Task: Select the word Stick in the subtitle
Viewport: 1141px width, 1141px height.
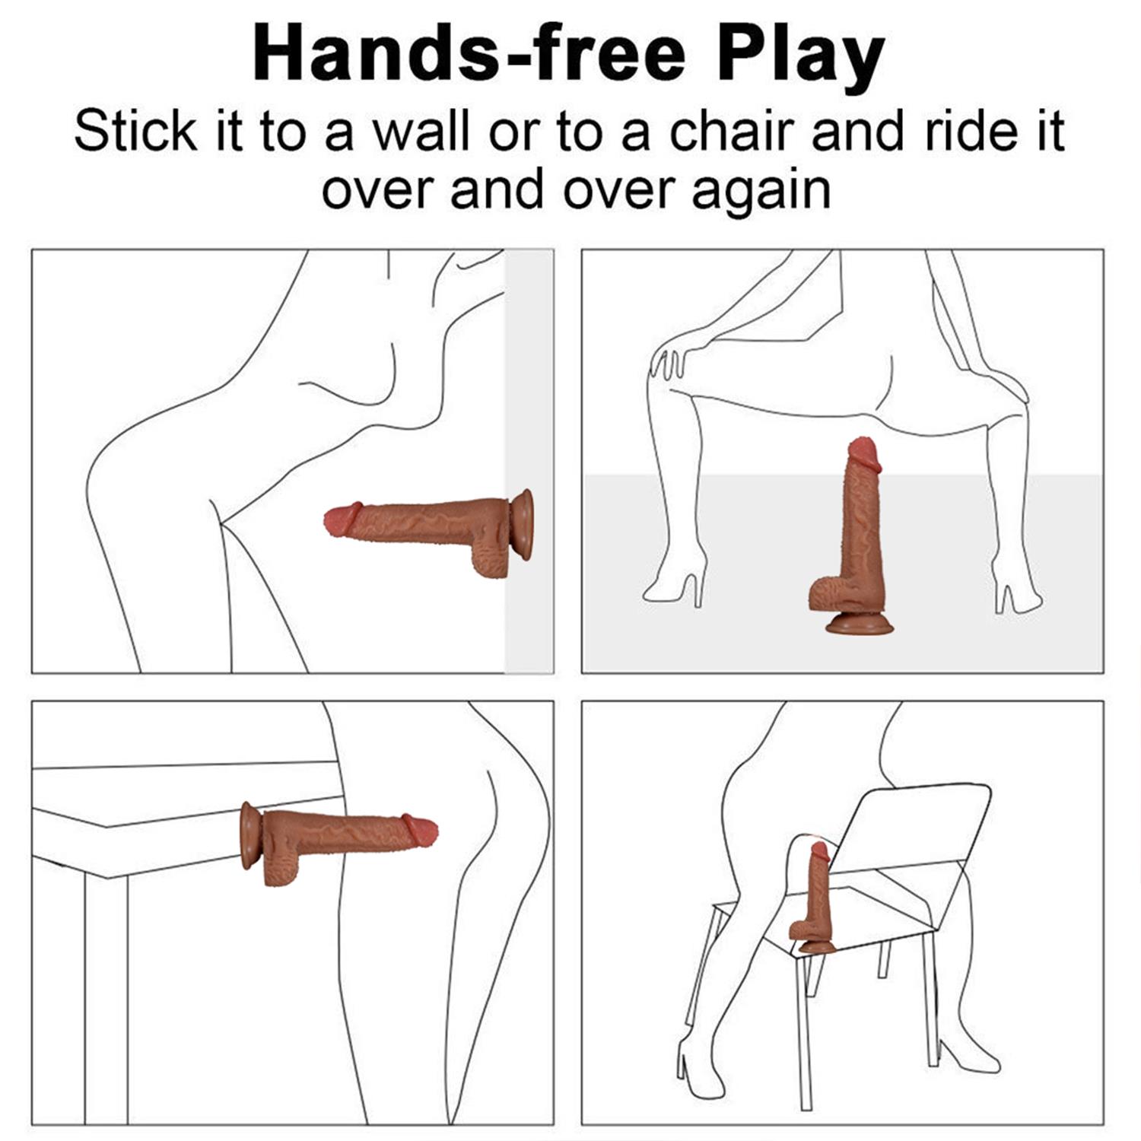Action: click(135, 131)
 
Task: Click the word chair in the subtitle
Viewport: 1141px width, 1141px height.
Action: click(732, 131)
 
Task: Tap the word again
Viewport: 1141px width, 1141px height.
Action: click(761, 190)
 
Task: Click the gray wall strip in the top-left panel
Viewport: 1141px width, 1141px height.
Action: click(529, 461)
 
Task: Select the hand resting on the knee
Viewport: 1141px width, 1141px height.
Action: click(669, 361)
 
